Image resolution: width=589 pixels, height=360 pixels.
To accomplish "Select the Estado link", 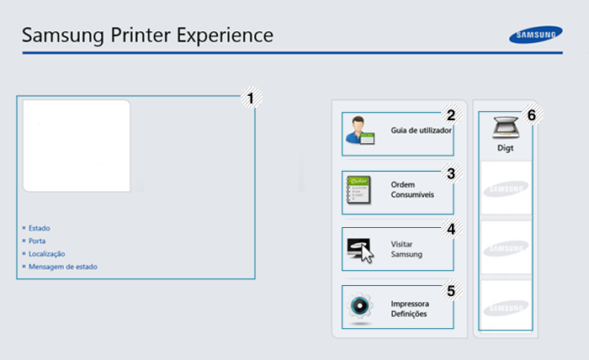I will click(40, 228).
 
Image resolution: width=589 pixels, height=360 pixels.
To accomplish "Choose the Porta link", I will click(37, 241).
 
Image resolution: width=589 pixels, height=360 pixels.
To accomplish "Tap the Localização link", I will click(46, 253).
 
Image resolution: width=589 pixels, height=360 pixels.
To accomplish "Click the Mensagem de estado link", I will click(62, 267).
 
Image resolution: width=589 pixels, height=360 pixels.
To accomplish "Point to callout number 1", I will click(250, 98).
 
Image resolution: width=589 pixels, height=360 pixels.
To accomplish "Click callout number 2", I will click(451, 115).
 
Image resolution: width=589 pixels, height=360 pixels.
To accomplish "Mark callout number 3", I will click(451, 174).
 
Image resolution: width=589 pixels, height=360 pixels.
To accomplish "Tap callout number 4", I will click(451, 228).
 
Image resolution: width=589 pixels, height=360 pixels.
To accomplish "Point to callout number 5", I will click(451, 291).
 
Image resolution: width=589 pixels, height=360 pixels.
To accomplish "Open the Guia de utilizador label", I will click(421, 131).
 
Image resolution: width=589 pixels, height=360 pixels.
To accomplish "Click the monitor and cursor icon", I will click(360, 249).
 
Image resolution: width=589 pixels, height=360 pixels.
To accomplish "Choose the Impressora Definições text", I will click(410, 309).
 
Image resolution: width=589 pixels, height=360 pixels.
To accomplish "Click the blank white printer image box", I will click(77, 146).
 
